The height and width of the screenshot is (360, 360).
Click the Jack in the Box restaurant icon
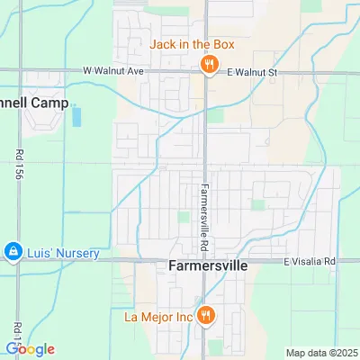(x=208, y=63)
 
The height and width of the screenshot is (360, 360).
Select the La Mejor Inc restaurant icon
(x=208, y=316)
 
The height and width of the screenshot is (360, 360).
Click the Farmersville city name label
(x=206, y=267)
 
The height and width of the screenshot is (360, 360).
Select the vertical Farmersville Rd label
(x=205, y=215)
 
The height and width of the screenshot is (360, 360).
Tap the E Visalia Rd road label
(x=309, y=262)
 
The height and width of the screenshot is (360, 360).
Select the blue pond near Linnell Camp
(x=76, y=117)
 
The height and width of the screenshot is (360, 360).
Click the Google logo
(x=30, y=349)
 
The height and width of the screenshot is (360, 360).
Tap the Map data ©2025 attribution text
(x=320, y=352)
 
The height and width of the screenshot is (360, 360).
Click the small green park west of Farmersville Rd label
(x=184, y=217)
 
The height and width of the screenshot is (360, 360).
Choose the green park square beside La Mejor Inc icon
(x=214, y=346)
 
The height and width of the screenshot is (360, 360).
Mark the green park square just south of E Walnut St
(x=214, y=115)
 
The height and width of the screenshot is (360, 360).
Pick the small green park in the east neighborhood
(x=257, y=205)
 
